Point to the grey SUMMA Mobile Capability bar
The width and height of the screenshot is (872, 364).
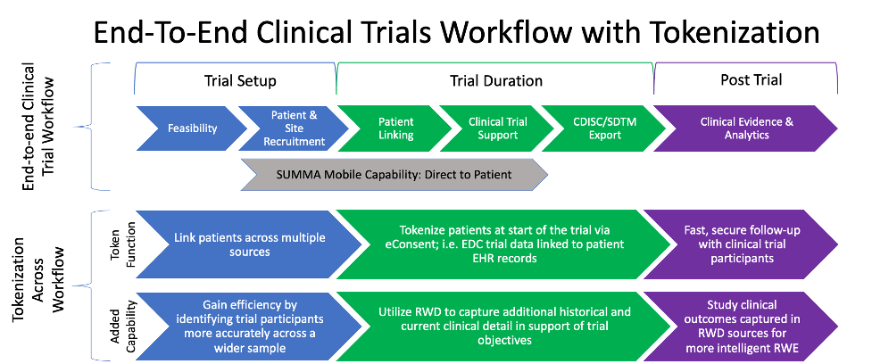[x=393, y=175]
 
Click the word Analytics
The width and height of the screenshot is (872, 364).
[x=746, y=136]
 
